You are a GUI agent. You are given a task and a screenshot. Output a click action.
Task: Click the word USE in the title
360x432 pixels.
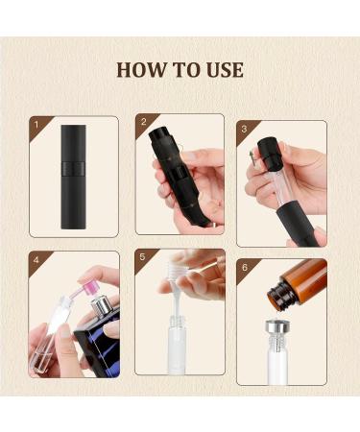(224, 70)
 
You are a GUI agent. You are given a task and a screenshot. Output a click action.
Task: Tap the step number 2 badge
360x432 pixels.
(143, 123)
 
